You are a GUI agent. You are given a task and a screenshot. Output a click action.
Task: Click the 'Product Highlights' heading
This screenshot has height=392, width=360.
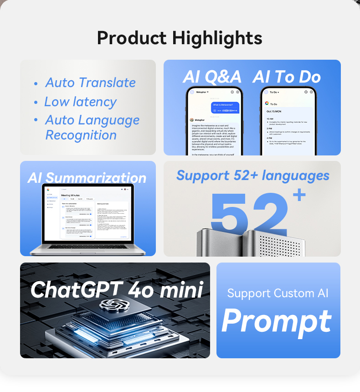[x=180, y=38]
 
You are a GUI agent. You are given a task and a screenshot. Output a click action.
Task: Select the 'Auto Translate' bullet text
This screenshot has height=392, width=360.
[x=90, y=83]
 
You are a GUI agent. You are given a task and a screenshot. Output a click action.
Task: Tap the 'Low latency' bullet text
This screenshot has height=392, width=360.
[x=80, y=102]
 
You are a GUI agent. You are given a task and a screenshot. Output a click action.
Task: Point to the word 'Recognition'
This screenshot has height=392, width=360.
[x=81, y=135]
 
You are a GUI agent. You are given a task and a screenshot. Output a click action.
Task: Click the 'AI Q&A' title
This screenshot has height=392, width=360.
[x=212, y=77]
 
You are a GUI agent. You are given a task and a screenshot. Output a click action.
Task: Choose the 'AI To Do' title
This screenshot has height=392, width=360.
[x=287, y=77]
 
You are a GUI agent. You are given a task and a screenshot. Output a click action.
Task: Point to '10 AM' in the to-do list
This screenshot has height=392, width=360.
[x=270, y=119]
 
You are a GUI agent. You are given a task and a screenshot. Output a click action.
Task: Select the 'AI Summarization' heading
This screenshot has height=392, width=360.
[x=87, y=177]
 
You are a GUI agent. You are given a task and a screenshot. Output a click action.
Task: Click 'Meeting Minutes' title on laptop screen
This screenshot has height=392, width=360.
[x=70, y=195]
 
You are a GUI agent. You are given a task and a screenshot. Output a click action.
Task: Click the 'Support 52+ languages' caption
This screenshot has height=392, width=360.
[x=252, y=175]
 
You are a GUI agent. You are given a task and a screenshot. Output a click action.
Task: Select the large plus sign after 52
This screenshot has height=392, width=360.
[x=299, y=195]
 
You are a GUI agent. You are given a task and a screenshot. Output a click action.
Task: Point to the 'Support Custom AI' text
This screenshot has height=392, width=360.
[x=278, y=293]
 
